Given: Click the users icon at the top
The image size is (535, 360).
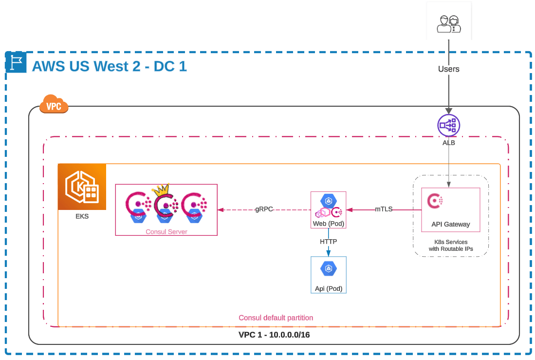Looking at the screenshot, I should (x=448, y=24).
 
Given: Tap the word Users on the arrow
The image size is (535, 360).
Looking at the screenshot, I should (x=448, y=69).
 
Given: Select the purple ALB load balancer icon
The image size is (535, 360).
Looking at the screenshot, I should (x=448, y=125).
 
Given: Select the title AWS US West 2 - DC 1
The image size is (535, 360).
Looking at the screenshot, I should (x=109, y=66).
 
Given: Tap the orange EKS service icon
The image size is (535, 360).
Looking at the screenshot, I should (x=82, y=187).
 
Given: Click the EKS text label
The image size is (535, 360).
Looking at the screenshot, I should (x=82, y=216).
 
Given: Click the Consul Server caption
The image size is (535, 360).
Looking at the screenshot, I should (x=166, y=231).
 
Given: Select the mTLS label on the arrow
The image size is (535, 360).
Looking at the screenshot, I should (x=384, y=210).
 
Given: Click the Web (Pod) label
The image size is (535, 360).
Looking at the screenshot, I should (x=329, y=224).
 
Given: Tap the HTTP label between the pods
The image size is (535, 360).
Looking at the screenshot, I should (x=329, y=241).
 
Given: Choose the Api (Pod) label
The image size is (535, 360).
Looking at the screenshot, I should (x=329, y=288).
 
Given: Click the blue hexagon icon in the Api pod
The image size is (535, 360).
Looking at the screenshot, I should (x=329, y=269).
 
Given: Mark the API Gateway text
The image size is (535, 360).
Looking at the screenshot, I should (x=451, y=224).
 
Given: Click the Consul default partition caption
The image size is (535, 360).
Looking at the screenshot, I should (x=276, y=318).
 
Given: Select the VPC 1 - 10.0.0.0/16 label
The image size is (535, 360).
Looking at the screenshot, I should (x=274, y=335).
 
